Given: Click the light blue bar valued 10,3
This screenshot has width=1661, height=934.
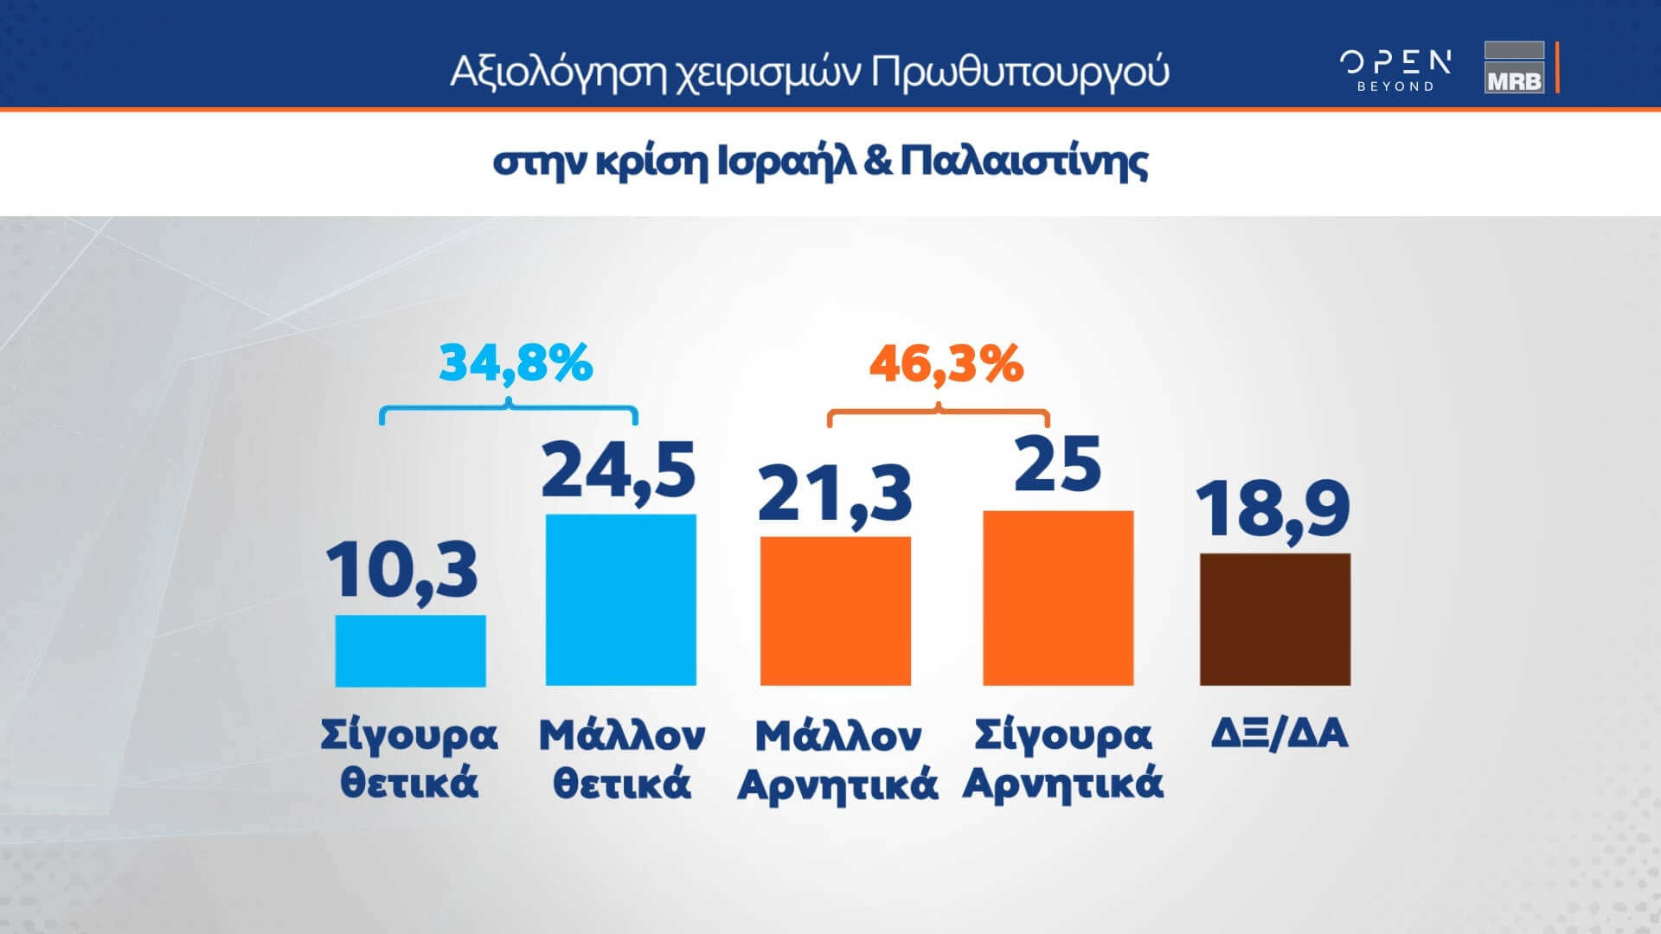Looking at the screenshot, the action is click(410, 650).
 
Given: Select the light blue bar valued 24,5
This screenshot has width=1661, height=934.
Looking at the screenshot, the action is click(620, 600).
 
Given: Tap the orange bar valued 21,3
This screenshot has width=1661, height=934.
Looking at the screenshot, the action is click(835, 611).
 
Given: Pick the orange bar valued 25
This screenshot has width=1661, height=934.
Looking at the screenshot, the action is click(1058, 598).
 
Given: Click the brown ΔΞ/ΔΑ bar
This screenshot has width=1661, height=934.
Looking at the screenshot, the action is click(1275, 619).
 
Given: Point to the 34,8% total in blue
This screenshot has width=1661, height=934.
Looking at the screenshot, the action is click(516, 362).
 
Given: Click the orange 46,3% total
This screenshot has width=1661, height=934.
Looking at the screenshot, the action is click(946, 363).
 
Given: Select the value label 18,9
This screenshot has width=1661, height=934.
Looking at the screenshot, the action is click(1273, 509).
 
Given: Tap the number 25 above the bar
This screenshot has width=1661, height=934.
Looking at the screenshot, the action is click(1057, 464).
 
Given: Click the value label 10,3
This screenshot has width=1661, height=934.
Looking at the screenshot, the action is click(401, 571).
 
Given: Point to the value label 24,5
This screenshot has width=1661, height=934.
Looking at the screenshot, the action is click(618, 471).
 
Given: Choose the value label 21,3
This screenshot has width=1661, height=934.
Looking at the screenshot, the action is click(835, 495).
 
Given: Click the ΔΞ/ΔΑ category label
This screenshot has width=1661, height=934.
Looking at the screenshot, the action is click(1279, 734).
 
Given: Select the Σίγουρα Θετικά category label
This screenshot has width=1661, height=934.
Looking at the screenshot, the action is click(409, 758).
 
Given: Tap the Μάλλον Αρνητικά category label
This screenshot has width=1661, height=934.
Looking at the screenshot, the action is click(837, 760).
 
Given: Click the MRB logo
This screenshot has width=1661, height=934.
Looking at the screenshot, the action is click(1514, 67).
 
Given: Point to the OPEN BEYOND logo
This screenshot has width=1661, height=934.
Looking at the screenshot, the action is click(1395, 70).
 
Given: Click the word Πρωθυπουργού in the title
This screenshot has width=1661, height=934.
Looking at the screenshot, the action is click(1020, 73).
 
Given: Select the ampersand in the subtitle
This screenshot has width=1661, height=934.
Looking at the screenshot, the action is click(877, 162).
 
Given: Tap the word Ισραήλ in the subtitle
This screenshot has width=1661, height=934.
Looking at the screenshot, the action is click(782, 163).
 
